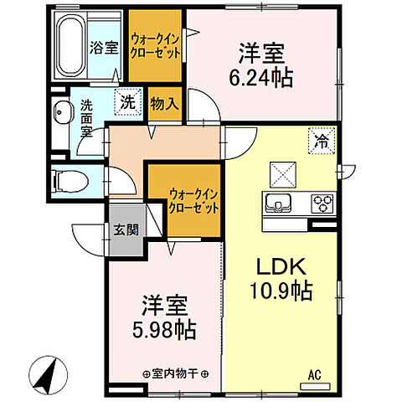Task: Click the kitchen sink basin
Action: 278,203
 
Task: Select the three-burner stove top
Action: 322,202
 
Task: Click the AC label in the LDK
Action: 316,375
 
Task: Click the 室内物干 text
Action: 175,374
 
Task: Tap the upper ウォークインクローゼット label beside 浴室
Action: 155,44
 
